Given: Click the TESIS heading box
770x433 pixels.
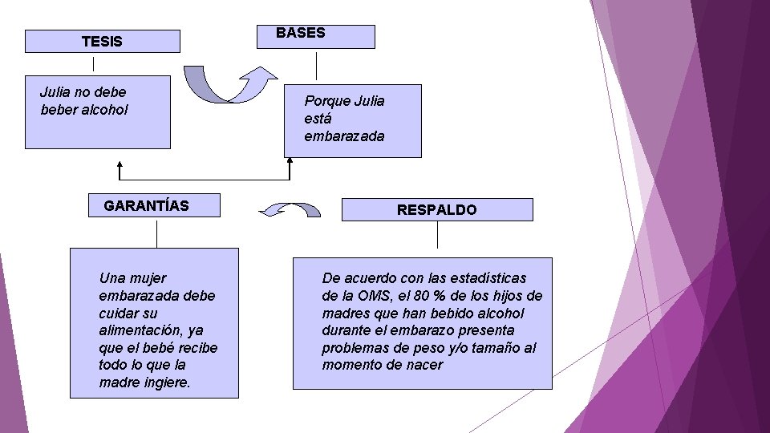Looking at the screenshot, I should [102, 41].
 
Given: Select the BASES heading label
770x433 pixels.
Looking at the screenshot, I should [301, 33].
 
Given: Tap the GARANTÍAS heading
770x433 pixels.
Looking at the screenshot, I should [147, 205].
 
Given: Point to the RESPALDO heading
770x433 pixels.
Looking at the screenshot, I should [436, 209].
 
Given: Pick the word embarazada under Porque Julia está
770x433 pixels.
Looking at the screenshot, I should [344, 136].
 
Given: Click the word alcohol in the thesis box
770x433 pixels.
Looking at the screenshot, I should [104, 109].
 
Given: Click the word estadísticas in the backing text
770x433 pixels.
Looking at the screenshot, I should [488, 278].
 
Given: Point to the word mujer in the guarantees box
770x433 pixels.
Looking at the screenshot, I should [147, 278].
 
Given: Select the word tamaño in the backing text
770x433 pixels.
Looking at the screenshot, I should [501, 348].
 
